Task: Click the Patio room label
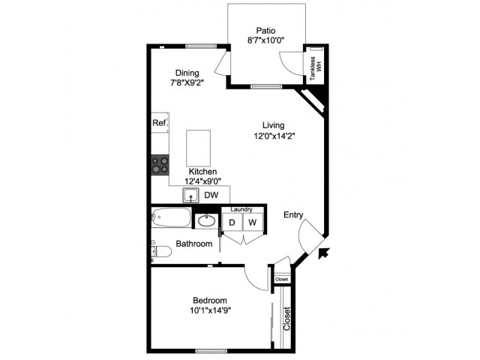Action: click(265, 31)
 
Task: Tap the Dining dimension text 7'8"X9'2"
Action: click(187, 83)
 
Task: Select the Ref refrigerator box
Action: click(160, 123)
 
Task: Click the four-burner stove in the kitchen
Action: click(160, 165)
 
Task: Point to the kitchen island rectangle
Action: click(198, 148)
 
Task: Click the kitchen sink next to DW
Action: click(191, 195)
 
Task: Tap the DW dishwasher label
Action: click(211, 195)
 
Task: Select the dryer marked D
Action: click(232, 222)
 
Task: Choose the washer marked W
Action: click(253, 222)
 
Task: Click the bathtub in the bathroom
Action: click(171, 217)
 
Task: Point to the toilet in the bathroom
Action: click(161, 252)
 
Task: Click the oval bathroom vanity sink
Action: click(206, 220)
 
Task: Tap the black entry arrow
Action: click(323, 253)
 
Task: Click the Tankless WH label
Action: click(316, 69)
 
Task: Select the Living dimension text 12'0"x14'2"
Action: click(274, 136)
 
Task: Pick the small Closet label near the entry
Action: click(282, 279)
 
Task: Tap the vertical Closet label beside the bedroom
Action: click(286, 319)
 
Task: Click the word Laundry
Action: click(241, 209)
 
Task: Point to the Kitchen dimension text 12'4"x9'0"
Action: click(202, 181)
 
